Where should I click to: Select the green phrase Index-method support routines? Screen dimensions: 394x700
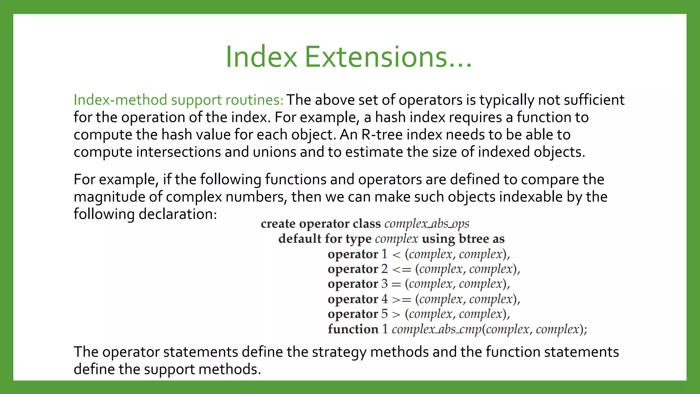pyautogui.click(x=178, y=100)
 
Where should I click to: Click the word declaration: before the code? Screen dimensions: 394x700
pyautogui.click(x=178, y=214)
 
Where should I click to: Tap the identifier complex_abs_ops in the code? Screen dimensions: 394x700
pyautogui.click(x=427, y=224)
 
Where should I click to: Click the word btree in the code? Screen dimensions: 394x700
pyautogui.click(x=474, y=239)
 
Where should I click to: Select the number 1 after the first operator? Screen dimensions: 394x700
pyautogui.click(x=385, y=254)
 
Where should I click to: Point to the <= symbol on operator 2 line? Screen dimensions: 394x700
pyautogui.click(x=402, y=270)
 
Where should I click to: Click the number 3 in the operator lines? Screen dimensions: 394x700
pyautogui.click(x=385, y=284)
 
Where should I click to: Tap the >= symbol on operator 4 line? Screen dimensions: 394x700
pyautogui.click(x=402, y=300)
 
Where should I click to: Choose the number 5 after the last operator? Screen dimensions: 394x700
pyautogui.click(x=385, y=314)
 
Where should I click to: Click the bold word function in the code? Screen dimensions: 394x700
pyautogui.click(x=353, y=329)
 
